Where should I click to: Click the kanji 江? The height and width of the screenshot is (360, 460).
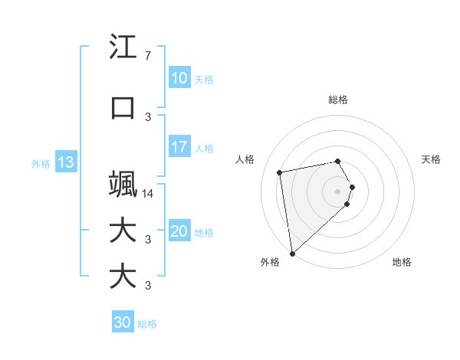click(123, 47)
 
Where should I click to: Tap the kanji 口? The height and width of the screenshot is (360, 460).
click(123, 108)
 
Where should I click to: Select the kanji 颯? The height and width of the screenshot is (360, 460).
click(123, 184)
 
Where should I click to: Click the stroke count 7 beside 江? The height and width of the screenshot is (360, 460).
click(147, 56)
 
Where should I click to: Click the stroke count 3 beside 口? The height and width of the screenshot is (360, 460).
click(147, 116)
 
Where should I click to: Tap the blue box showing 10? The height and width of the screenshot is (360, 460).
click(179, 78)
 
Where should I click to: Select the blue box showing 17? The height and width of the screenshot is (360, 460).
click(179, 147)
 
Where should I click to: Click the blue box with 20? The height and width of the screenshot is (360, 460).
click(179, 231)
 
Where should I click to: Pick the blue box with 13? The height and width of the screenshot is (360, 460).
click(65, 162)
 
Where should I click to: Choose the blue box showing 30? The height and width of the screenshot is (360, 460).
click(123, 322)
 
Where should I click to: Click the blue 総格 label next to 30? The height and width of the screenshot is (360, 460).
click(147, 324)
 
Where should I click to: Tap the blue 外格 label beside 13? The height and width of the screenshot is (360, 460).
click(41, 163)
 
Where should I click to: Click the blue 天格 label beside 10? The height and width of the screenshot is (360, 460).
click(204, 79)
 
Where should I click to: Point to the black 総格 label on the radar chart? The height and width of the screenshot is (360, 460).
click(338, 100)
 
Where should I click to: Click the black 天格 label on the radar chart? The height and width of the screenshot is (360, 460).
click(432, 159)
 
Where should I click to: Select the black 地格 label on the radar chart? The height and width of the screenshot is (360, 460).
click(402, 262)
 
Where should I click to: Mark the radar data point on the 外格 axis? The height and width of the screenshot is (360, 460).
click(292, 253)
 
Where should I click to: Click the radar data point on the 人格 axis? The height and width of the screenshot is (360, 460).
click(280, 172)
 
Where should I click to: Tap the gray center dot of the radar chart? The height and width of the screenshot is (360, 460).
click(338, 190)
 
